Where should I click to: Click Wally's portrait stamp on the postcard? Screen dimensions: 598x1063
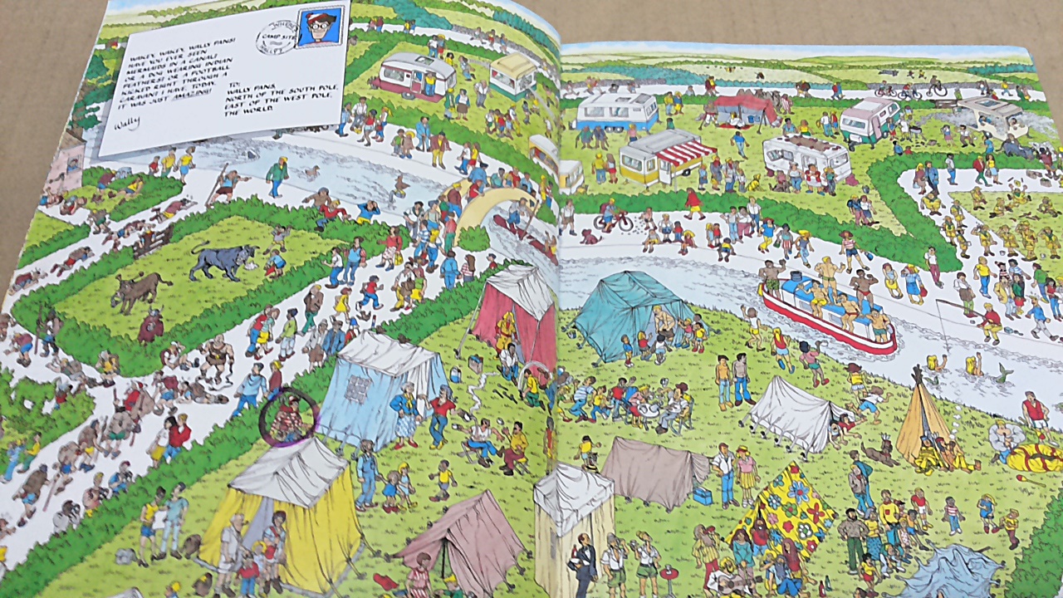pos(321,27)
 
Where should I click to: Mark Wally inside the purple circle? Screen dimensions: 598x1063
pos(287,417)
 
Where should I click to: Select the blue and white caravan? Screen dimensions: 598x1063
pos(617,111)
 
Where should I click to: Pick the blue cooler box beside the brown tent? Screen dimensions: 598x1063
pos(702,496)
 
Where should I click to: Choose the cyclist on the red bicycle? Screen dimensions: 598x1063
pos(613,218)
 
